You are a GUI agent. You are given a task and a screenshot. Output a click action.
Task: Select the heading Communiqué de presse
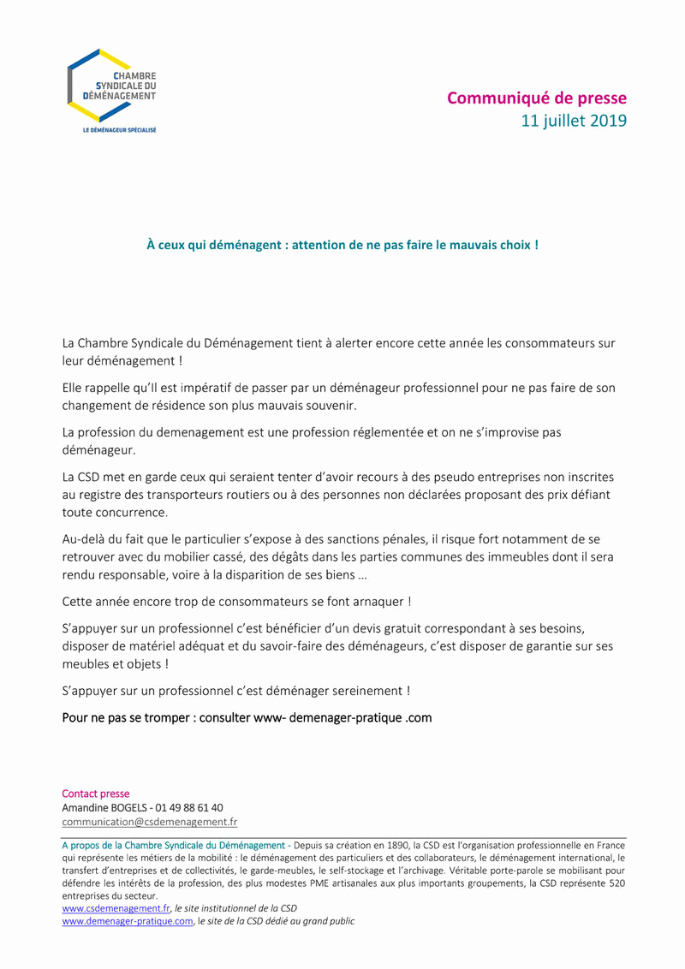tap(536, 98)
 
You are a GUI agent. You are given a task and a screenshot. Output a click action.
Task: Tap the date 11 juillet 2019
tap(574, 121)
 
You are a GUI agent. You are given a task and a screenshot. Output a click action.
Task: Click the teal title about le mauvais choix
tap(342, 245)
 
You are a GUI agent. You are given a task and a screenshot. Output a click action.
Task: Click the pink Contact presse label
tap(96, 794)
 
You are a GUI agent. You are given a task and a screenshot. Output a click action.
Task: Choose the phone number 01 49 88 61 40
tap(188, 807)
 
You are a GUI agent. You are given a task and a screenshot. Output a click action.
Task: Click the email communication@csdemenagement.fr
tap(150, 822)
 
